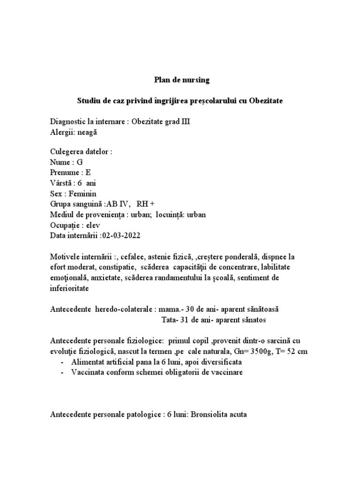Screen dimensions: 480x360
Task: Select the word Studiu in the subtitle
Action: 89,101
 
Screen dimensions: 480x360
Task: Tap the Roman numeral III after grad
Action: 185,122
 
